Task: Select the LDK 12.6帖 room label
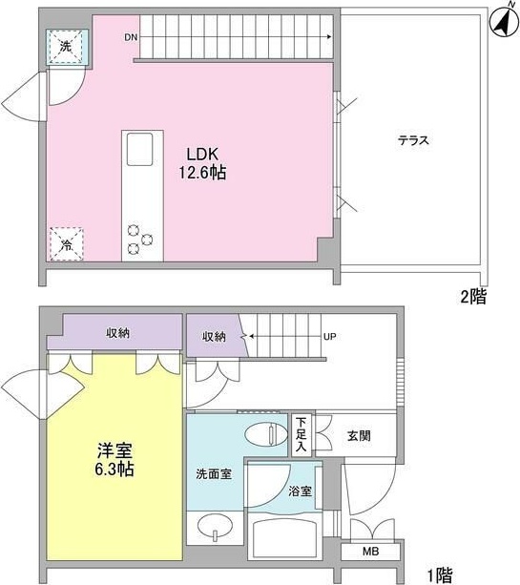(x=203, y=163)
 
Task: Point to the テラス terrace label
(x=413, y=140)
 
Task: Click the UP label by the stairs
(x=329, y=336)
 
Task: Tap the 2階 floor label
(x=472, y=297)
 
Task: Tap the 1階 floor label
(x=439, y=575)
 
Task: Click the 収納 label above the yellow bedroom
(x=117, y=332)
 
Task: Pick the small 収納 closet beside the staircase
(x=214, y=336)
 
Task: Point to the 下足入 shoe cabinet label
(x=301, y=432)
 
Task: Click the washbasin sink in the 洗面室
(x=217, y=527)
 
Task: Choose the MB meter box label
(x=368, y=553)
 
